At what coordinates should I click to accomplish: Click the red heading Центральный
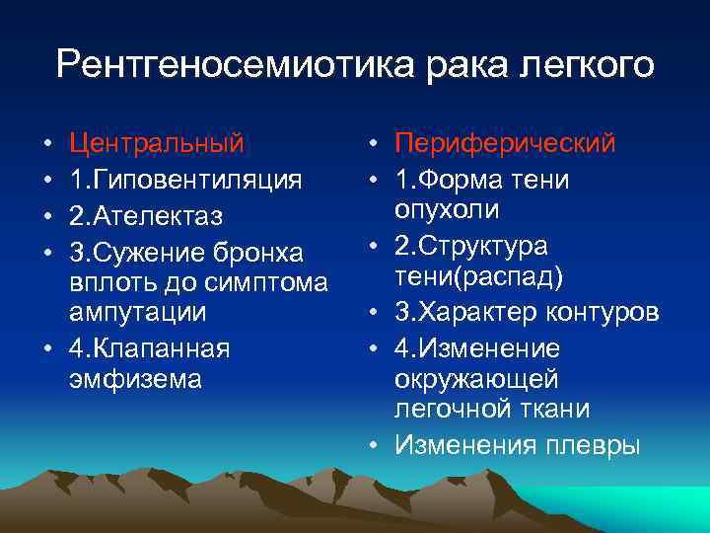[x=157, y=144]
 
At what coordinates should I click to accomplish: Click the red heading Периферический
[x=505, y=144]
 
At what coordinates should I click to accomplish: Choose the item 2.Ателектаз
[x=147, y=215]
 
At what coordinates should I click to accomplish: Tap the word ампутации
[x=138, y=313]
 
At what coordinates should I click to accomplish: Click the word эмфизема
[x=136, y=379]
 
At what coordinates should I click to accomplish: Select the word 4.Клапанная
[x=150, y=348]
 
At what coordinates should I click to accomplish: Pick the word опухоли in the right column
[x=447, y=210]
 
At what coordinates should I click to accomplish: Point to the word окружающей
[x=476, y=379]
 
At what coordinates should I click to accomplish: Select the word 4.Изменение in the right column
[x=477, y=348]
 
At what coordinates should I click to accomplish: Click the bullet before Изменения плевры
[x=376, y=446]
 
